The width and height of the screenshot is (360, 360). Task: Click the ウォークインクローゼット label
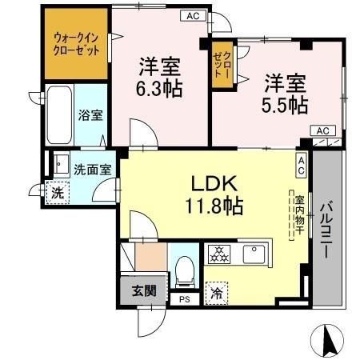pos(78,42)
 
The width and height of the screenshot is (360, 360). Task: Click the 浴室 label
pos(90,115)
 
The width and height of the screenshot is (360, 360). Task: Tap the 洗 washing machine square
pos(57,193)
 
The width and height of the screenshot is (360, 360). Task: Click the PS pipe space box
pos(185,300)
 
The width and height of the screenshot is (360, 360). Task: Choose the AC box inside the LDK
pos(302,166)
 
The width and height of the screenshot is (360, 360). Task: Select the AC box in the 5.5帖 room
pos(322,130)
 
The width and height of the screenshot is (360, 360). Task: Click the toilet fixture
pos(184,270)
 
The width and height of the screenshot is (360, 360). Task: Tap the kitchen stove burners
pos(219,255)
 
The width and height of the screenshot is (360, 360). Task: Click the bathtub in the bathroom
pos(60,114)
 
